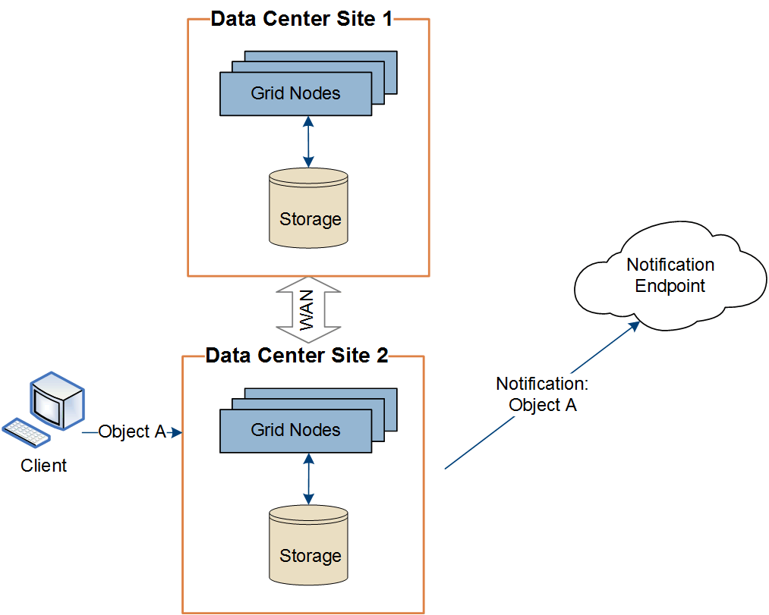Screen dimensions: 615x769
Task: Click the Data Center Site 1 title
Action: click(x=301, y=19)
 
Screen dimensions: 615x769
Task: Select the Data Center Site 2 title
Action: click(x=297, y=356)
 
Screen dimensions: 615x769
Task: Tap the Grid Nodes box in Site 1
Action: click(x=295, y=93)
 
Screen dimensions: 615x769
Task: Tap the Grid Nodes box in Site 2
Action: click(x=295, y=430)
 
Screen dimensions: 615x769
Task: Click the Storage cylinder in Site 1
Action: click(x=309, y=208)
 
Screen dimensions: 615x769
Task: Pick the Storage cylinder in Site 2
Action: click(x=309, y=546)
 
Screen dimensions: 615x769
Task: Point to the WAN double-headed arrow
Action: click(x=307, y=310)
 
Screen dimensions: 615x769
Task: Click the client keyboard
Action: click(x=27, y=432)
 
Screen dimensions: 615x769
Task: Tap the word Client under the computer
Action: click(x=43, y=466)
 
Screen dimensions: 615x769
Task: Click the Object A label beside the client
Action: click(x=132, y=431)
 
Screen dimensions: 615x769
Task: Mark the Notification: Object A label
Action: click(x=542, y=394)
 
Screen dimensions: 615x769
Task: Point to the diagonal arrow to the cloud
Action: click(x=541, y=396)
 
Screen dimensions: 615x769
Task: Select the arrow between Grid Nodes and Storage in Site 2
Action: click(x=308, y=479)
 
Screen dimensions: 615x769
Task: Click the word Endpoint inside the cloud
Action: click(x=670, y=287)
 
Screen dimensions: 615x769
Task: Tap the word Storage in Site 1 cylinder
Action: click(x=310, y=219)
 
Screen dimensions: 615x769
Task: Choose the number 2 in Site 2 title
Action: click(x=382, y=356)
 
